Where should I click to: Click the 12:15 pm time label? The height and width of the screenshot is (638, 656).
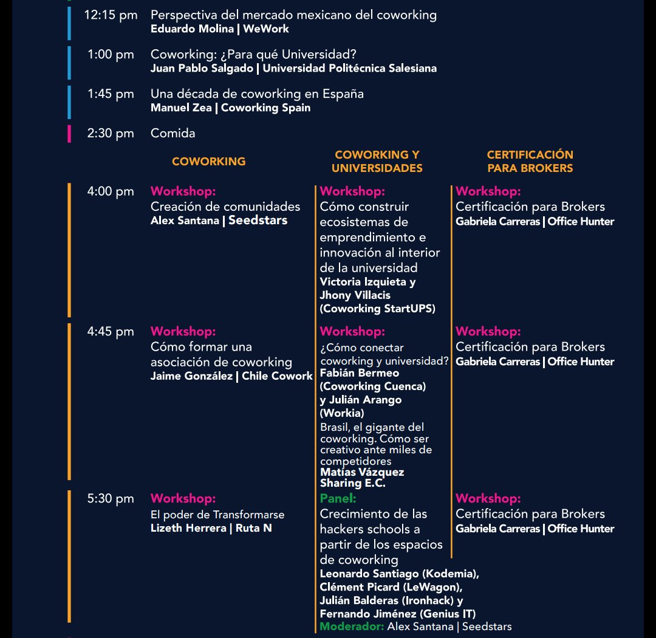[x=111, y=15]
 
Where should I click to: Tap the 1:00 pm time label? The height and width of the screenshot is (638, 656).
[x=111, y=55]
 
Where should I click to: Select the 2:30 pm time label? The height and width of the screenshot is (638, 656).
[x=111, y=134]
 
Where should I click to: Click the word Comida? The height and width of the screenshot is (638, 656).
[x=173, y=133]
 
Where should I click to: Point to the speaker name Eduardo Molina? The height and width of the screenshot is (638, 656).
[x=192, y=29]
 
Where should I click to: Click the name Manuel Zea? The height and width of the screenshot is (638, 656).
[x=181, y=108]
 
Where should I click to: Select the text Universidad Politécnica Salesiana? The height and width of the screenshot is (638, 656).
[x=350, y=68]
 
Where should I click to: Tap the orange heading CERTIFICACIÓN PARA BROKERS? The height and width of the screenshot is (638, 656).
[x=530, y=161]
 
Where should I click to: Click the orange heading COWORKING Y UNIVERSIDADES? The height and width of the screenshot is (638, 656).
[x=377, y=161]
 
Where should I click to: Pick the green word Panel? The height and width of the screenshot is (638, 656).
[x=338, y=498]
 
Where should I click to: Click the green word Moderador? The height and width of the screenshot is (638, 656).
[x=352, y=626]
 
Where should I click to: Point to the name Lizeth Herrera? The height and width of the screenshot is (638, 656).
[x=188, y=528]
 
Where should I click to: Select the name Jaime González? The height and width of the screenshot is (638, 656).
[x=191, y=376]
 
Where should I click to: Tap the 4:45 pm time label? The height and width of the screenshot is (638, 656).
[x=111, y=332]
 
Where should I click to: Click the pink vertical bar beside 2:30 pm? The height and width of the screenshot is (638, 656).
[x=69, y=134]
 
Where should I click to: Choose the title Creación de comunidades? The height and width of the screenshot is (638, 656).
[x=225, y=207]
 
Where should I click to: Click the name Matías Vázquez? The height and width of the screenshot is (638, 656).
[x=362, y=472]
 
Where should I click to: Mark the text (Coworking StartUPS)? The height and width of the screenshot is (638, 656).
[x=377, y=309]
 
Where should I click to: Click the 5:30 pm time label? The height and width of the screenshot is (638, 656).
[x=111, y=499]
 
